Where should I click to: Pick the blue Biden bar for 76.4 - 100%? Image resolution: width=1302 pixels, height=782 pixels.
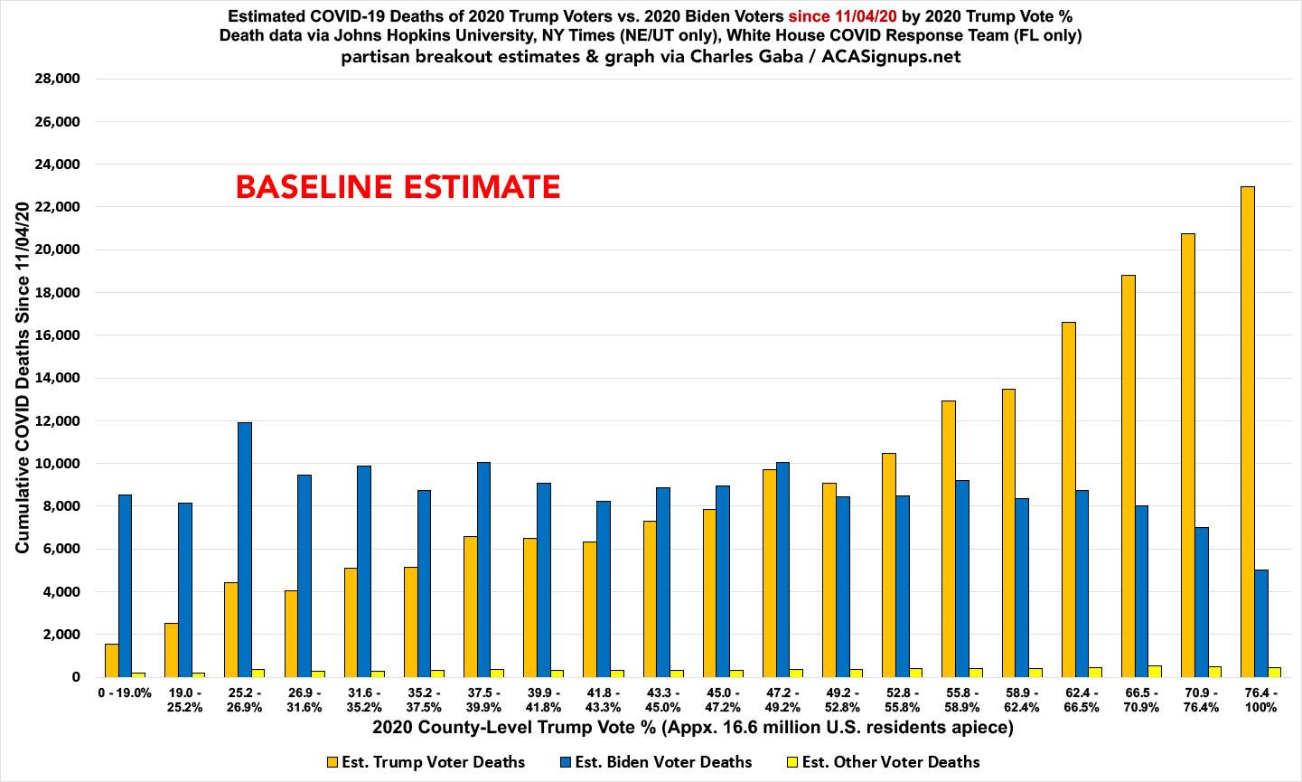(1261, 623)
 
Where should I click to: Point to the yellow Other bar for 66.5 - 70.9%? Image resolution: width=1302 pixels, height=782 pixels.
(1155, 671)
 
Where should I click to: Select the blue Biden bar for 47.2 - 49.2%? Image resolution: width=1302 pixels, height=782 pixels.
(782, 570)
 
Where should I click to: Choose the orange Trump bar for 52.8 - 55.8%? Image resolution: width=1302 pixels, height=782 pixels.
(889, 565)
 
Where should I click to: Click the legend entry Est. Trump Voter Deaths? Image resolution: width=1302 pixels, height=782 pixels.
(425, 762)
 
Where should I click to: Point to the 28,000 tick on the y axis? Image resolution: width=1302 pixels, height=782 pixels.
(56, 80)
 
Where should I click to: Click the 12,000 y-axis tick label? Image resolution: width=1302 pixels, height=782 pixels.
(56, 421)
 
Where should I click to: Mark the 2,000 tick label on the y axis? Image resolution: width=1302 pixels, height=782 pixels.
(60, 635)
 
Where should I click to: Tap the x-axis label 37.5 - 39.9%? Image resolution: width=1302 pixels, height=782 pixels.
(483, 701)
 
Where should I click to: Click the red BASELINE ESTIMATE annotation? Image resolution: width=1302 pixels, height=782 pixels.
(398, 187)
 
